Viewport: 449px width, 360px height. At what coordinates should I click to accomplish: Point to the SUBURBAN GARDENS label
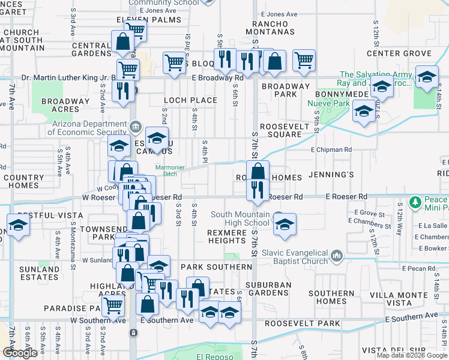[x=268, y=289]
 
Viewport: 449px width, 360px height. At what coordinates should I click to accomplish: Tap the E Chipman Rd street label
[x=331, y=149]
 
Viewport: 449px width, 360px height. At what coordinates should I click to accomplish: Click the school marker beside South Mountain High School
[x=285, y=224]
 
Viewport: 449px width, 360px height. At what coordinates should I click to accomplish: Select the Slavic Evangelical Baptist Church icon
[x=336, y=257]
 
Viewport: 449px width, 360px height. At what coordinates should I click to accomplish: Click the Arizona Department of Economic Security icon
[x=136, y=127]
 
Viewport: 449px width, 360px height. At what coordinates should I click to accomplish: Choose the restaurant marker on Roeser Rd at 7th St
[x=258, y=189]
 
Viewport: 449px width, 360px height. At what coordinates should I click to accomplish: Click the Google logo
[x=20, y=353]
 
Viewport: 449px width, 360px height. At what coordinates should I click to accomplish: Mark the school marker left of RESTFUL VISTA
[x=18, y=226]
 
